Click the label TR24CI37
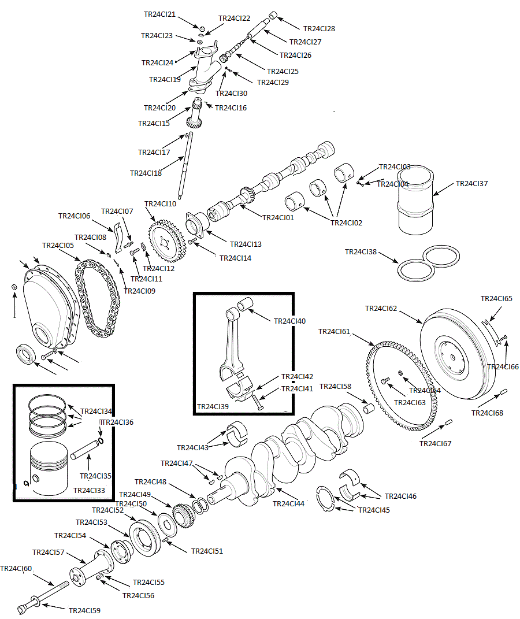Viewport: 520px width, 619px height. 471,184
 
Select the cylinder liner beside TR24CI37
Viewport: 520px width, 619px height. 415,199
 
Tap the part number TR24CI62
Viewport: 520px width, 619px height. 381,309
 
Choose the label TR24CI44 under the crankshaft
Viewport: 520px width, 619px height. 288,503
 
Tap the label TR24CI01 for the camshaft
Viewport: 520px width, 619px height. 278,218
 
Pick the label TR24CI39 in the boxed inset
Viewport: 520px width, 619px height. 213,407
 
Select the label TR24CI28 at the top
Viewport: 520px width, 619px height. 319,28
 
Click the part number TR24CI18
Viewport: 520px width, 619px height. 146,173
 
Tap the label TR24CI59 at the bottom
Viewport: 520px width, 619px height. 84,610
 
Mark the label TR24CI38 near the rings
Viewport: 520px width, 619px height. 361,252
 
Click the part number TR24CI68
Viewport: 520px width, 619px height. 487,413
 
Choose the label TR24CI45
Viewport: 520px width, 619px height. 374,510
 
